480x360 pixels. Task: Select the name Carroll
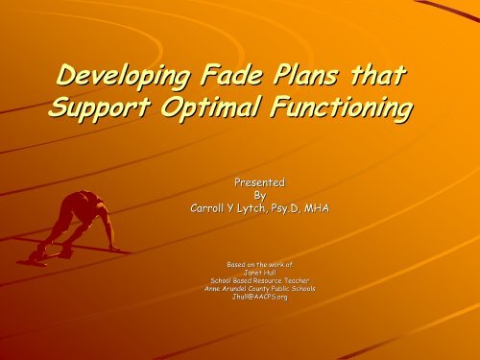(x=211, y=204)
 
